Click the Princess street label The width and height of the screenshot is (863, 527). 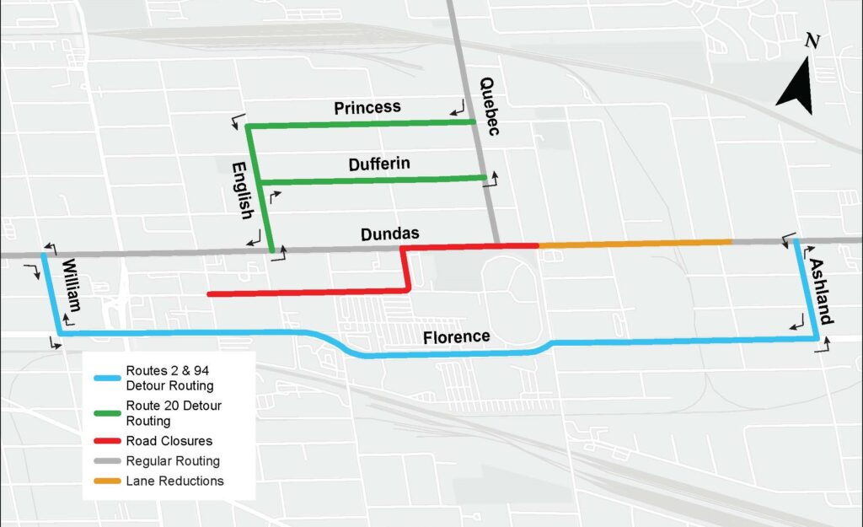click(x=367, y=108)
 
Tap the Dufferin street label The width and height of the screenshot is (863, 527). click(x=379, y=164)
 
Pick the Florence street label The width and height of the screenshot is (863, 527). click(x=457, y=337)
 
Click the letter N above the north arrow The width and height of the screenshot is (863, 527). click(x=812, y=41)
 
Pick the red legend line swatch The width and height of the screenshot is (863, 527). click(x=106, y=441)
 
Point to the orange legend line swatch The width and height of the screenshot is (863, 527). click(x=106, y=481)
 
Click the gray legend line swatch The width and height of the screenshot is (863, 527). click(x=106, y=461)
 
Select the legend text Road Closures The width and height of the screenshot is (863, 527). click(x=169, y=441)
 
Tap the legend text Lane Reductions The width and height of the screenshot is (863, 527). click(x=174, y=481)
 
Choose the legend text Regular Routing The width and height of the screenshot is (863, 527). click(x=173, y=461)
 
